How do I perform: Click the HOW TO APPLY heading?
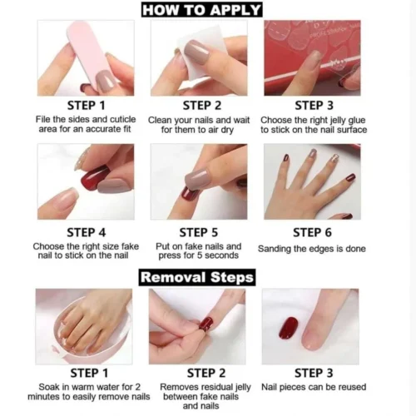pyautogui.click(x=201, y=10)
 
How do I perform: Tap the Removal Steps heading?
pyautogui.click(x=197, y=277)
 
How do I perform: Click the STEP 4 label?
pyautogui.click(x=87, y=232)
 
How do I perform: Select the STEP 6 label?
pyautogui.click(x=312, y=232)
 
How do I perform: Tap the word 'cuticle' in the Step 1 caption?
pyautogui.click(x=123, y=120)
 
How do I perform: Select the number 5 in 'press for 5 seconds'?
pyautogui.click(x=199, y=255)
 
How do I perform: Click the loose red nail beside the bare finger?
pyautogui.click(x=289, y=328)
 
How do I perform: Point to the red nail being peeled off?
pyautogui.click(x=206, y=324)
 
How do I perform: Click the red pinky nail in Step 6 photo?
pyautogui.click(x=350, y=176)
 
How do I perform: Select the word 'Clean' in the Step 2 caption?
pyautogui.click(x=159, y=121)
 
